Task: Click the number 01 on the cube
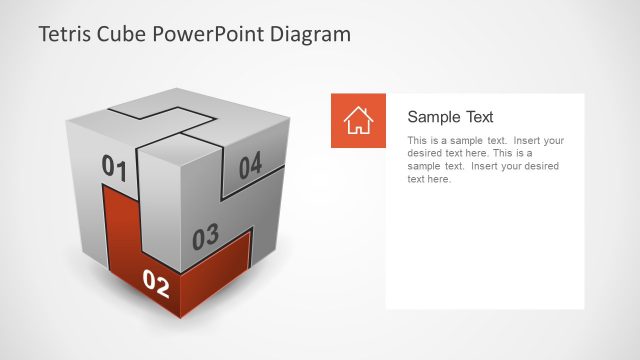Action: pyautogui.click(x=115, y=168)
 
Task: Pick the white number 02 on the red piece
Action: pyautogui.click(x=157, y=284)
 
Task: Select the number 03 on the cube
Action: pyautogui.click(x=205, y=237)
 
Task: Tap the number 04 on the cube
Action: pyautogui.click(x=250, y=166)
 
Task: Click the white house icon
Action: pyautogui.click(x=358, y=121)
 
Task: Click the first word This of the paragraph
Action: pyautogui.click(x=417, y=141)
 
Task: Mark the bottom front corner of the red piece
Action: pyautogui.click(x=181, y=317)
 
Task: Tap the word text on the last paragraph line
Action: pyautogui.click(x=417, y=180)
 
